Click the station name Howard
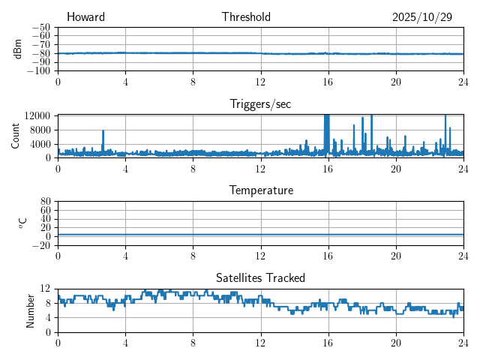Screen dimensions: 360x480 [85, 17]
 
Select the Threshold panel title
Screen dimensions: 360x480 [246, 17]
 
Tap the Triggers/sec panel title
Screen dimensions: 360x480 [260, 104]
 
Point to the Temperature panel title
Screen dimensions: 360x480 [260, 190]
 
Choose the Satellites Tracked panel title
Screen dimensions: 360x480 [260, 278]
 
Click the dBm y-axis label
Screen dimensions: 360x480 [17, 49]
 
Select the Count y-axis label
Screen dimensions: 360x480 [16, 136]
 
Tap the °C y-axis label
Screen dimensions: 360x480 [22, 223]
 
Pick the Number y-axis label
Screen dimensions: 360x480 [31, 310]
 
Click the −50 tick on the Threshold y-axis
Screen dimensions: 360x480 [40, 27]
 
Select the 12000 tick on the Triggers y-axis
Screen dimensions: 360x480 [37, 115]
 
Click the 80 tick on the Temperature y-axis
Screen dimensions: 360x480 [46, 202]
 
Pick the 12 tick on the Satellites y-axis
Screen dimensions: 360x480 [46, 289]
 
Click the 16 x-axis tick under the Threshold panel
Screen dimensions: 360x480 [328, 82]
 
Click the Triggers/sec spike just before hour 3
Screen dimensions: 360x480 [103, 133]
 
